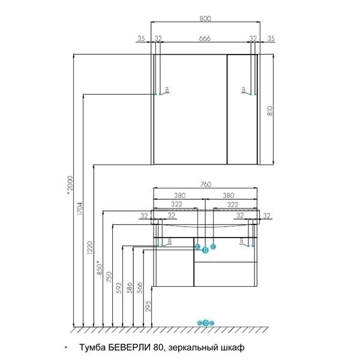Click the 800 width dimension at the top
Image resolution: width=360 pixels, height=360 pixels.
coord(205,19)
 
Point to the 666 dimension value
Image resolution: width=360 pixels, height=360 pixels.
coord(205,38)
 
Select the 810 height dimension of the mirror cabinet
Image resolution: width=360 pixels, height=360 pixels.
coord(270,110)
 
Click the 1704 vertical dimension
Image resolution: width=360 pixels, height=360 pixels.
coord(79,208)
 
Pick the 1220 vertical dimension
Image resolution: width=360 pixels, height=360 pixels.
coord(89,247)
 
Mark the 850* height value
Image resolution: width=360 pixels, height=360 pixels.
coord(99,268)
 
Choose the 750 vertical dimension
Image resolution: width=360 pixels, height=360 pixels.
coord(109,277)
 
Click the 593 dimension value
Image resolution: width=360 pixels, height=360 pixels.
coord(119,288)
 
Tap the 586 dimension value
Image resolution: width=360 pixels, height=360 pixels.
coord(130,288)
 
